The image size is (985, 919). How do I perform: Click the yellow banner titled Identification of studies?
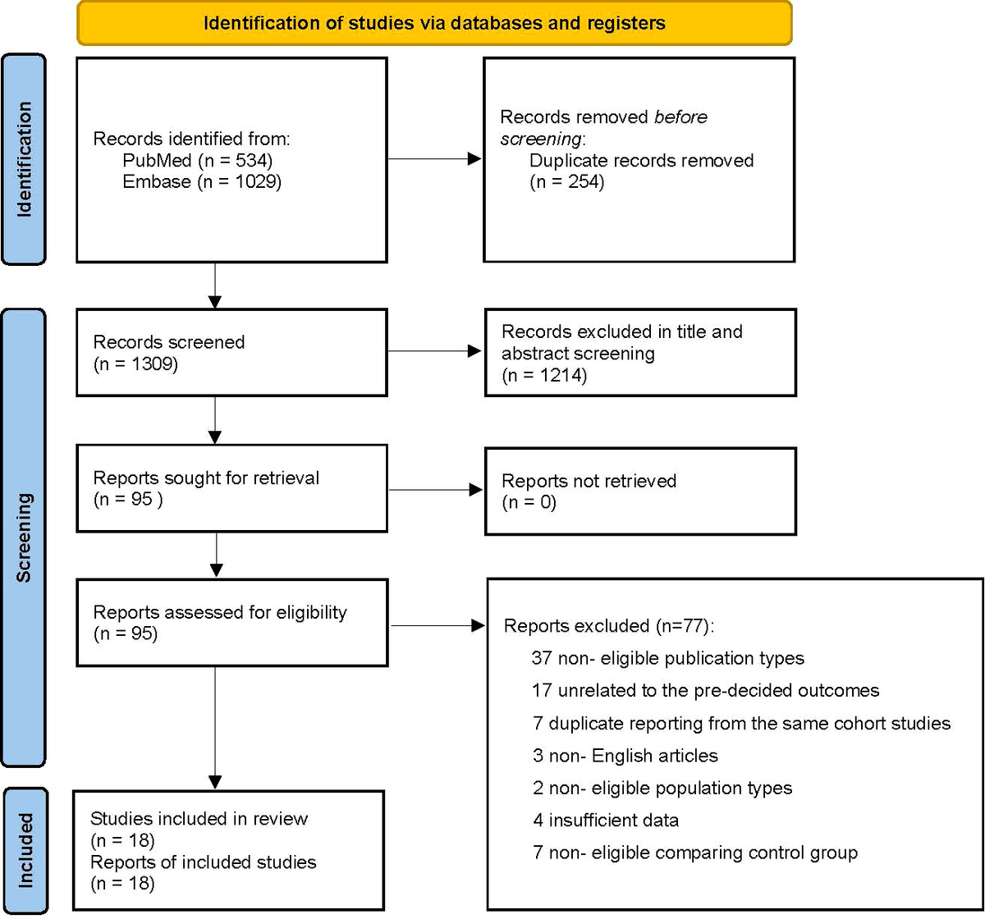tap(434, 22)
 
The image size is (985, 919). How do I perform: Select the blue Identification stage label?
tap(24, 159)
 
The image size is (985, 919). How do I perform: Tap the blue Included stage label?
tap(24, 850)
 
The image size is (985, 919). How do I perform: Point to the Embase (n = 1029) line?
tap(202, 181)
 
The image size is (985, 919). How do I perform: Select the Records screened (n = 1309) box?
tap(231, 351)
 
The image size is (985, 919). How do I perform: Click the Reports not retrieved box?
tap(639, 491)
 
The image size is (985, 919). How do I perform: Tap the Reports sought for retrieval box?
tap(231, 488)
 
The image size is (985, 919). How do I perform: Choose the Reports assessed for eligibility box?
tap(231, 622)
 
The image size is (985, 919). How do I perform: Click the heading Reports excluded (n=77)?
tap(609, 626)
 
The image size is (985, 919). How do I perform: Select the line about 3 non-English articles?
tap(625, 755)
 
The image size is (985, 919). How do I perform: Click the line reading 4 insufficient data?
tap(605, 820)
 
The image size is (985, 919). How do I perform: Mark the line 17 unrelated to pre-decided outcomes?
tap(705, 690)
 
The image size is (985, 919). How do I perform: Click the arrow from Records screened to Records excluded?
tap(434, 351)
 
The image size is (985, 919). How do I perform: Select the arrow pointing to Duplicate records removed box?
tap(434, 159)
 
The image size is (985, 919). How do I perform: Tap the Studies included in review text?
tap(199, 818)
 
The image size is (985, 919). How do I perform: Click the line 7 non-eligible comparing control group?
tap(694, 853)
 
